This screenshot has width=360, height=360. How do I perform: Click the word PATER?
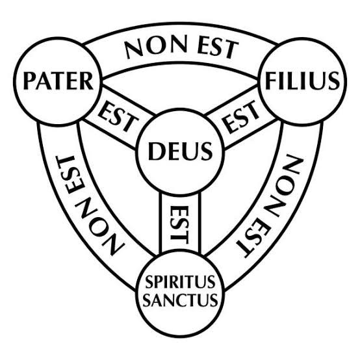coord(58,81)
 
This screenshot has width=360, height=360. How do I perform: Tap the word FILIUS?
coord(302,81)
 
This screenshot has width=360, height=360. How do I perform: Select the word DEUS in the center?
coord(180,151)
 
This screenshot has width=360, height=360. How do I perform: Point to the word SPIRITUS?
coord(180,282)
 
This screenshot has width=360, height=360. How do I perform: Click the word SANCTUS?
coord(180,300)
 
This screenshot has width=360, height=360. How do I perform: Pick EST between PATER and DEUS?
coord(118,117)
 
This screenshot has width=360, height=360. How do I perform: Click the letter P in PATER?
coord(29,81)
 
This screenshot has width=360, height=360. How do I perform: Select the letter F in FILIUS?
coord(271,81)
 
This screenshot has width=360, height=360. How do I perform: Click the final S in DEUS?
coord(207,151)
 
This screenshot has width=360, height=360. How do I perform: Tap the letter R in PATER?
coord(86,81)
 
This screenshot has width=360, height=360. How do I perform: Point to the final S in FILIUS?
coord(334,81)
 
